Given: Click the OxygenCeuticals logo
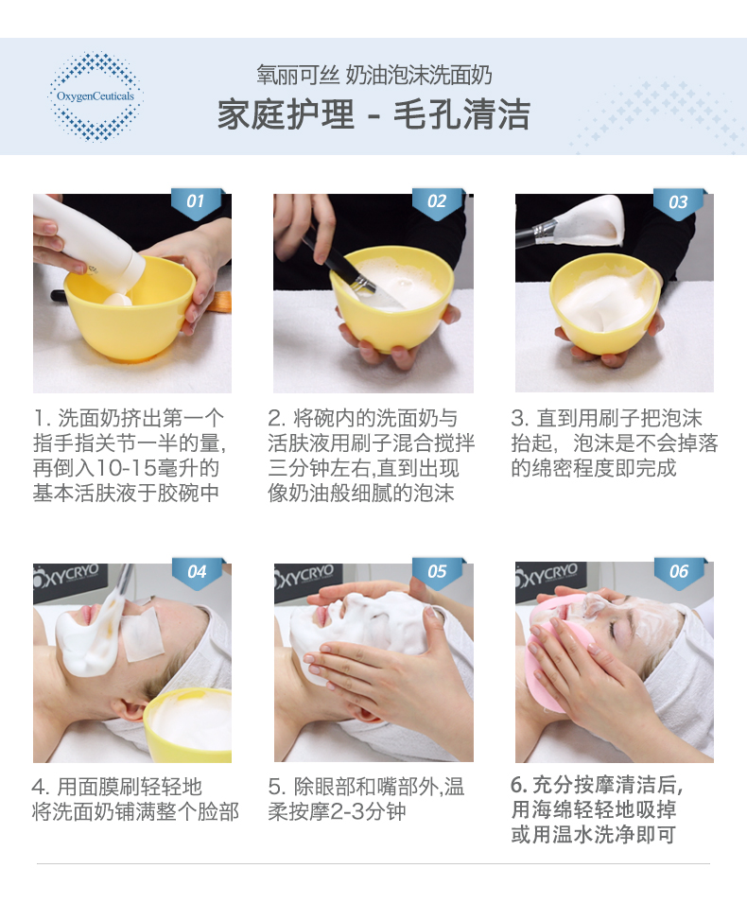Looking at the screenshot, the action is click(96, 96).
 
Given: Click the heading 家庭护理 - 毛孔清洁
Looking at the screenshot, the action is click(373, 114).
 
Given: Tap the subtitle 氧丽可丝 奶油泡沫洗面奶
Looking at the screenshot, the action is click(374, 76).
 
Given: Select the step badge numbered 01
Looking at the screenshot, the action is click(197, 202).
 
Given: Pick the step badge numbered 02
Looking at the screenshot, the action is click(437, 202).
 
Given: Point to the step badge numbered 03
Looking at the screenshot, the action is click(679, 202).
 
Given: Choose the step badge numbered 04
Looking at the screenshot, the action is click(197, 572).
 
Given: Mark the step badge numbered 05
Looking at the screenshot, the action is click(438, 572).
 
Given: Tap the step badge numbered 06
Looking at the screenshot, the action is click(680, 572).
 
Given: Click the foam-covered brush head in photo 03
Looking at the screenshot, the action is click(593, 220).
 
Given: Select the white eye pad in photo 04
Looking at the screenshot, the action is click(141, 634).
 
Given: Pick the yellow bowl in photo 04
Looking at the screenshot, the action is click(188, 724).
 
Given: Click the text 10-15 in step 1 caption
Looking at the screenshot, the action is click(130, 468).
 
